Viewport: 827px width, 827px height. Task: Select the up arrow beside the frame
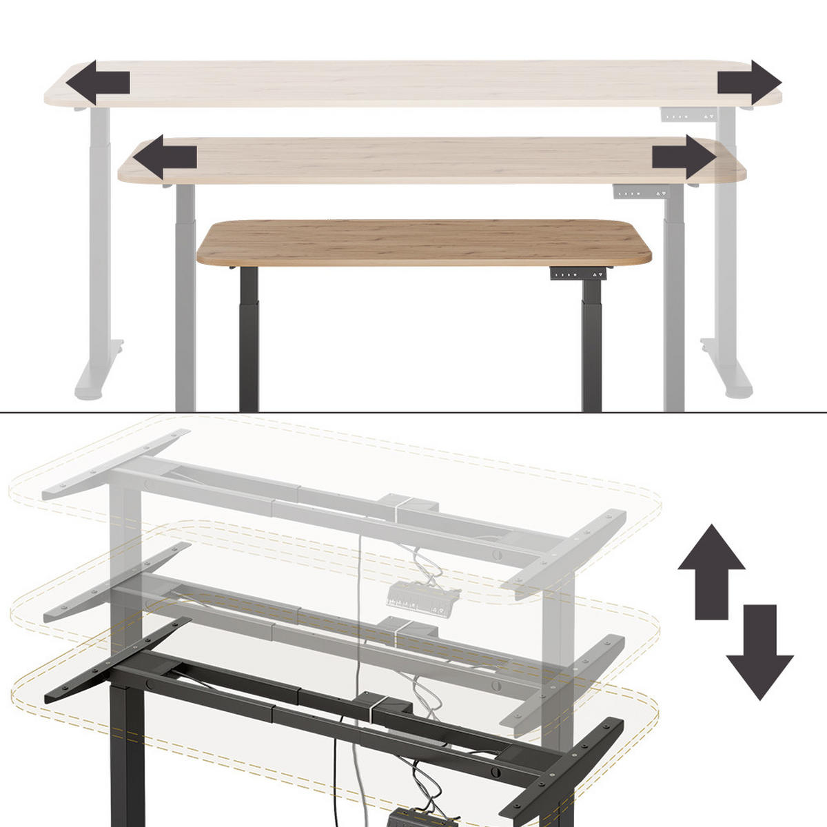711,571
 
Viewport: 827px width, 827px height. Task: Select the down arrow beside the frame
759,652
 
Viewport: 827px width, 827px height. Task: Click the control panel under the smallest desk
580,274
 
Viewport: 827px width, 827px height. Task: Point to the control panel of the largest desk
686,116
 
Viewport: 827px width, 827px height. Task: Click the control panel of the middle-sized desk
640,192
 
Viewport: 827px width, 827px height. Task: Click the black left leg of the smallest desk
249,338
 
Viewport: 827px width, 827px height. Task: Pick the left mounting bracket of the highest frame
114,465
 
